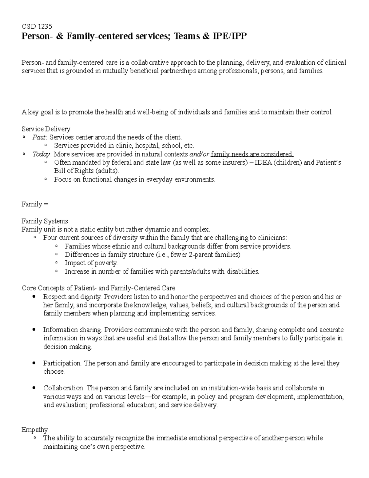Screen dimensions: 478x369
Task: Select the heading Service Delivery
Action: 46,129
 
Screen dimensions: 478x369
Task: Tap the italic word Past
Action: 39,137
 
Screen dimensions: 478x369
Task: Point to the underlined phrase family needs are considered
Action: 252,154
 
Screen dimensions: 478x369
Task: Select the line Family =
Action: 35,204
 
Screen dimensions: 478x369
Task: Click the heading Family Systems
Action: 45,221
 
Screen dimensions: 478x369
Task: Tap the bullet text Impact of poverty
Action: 91,263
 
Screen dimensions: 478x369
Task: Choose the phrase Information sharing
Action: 72,330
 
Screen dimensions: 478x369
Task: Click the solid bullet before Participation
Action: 34,363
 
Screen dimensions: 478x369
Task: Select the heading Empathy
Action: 34,430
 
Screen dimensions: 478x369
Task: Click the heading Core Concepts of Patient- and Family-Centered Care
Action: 98,288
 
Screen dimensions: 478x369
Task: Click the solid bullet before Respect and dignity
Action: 34,297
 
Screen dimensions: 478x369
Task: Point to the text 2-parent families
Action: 218,255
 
